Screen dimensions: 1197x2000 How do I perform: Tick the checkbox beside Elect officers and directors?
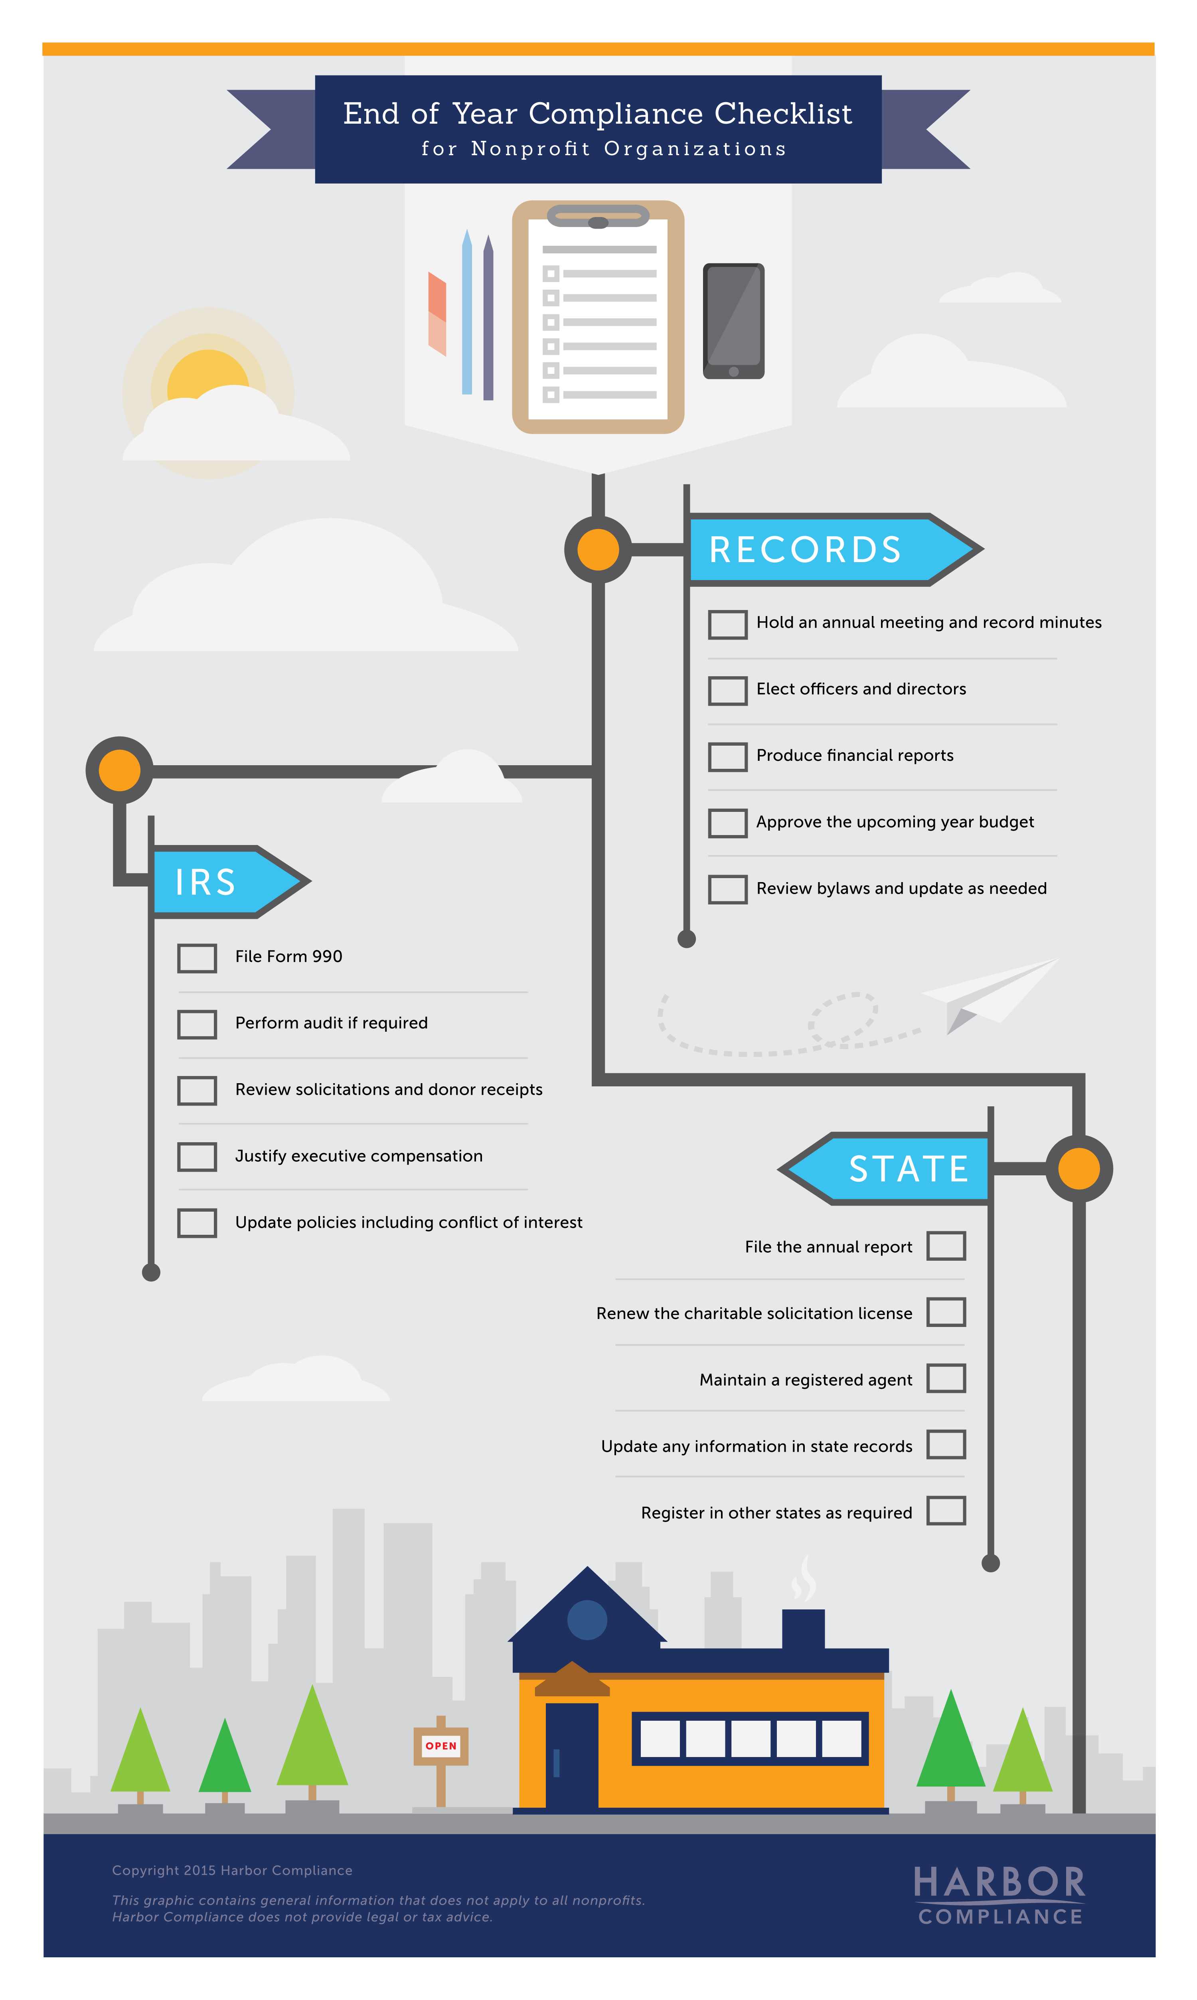pyautogui.click(x=727, y=690)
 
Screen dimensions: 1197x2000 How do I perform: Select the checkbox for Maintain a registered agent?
pyautogui.click(x=946, y=1378)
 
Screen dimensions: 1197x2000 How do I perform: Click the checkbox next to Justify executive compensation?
pyautogui.click(x=197, y=1157)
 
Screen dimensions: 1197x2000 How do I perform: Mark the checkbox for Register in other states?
pyautogui.click(x=946, y=1510)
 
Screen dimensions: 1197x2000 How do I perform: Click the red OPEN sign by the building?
pyautogui.click(x=441, y=1745)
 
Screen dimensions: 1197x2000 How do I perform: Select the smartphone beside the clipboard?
pyautogui.click(x=733, y=321)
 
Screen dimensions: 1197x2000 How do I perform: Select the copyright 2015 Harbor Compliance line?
pyautogui.click(x=232, y=1870)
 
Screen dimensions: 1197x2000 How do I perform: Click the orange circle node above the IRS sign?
pyautogui.click(x=119, y=770)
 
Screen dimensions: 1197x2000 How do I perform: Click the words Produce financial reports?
pyautogui.click(x=855, y=756)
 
